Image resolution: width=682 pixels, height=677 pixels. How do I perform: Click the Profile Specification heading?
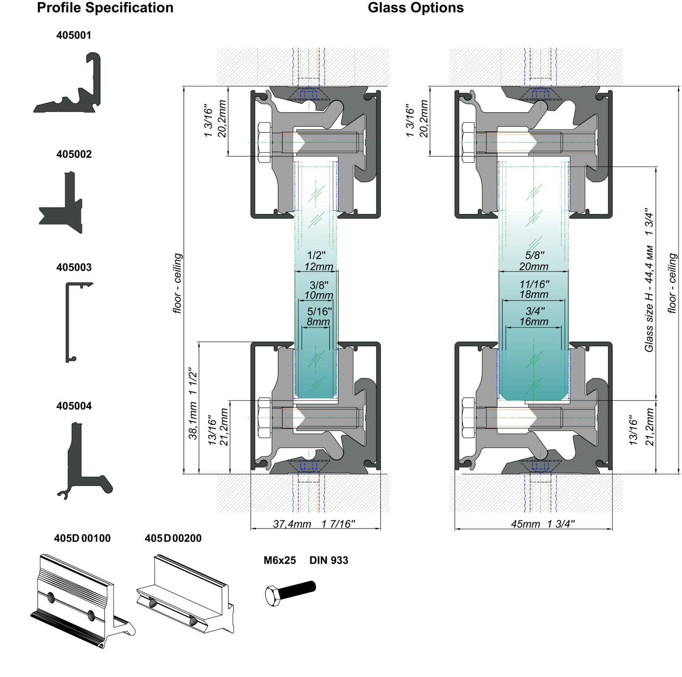(105, 8)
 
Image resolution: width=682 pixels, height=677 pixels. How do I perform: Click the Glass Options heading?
(415, 8)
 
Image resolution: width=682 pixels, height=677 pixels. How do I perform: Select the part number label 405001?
(73, 35)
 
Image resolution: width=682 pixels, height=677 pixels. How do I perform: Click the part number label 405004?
(73, 406)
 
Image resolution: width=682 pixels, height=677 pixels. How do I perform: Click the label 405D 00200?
(173, 538)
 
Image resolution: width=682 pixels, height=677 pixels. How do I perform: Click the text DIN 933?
(328, 560)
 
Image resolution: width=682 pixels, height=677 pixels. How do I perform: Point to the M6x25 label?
(280, 560)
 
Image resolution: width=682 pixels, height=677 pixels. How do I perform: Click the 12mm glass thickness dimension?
(318, 267)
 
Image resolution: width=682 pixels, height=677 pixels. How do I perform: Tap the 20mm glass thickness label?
(533, 267)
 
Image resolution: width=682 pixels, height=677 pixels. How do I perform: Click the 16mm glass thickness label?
(533, 322)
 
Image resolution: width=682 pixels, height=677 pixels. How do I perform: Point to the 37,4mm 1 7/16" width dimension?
(314, 524)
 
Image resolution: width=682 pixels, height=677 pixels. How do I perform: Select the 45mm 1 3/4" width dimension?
(543, 524)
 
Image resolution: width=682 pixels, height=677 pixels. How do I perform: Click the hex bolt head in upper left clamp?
(264, 142)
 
